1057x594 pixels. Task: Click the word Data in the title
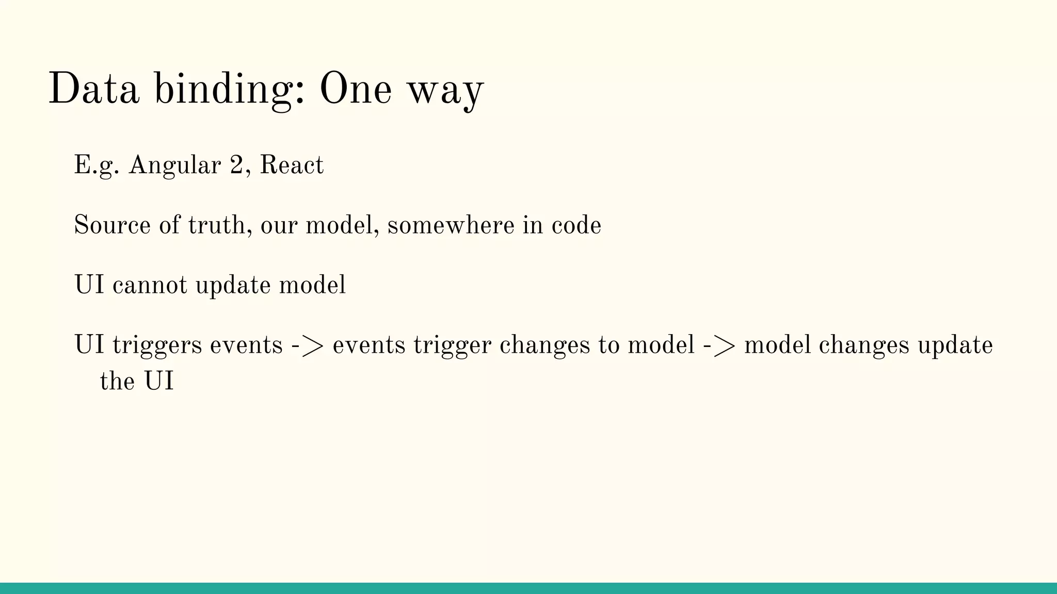click(x=93, y=89)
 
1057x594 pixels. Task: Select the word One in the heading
click(x=355, y=89)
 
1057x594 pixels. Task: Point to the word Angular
click(x=174, y=166)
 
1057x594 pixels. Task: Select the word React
click(x=292, y=165)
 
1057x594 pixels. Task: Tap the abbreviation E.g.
click(x=97, y=166)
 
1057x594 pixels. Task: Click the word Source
click(x=112, y=225)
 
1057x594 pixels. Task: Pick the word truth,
click(x=220, y=225)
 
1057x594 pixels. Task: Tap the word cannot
click(x=150, y=285)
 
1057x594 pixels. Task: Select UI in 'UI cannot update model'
click(x=89, y=285)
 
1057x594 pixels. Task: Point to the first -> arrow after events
click(x=308, y=345)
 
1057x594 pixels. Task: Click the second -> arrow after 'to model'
click(x=719, y=345)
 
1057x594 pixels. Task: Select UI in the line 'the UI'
click(x=158, y=382)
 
